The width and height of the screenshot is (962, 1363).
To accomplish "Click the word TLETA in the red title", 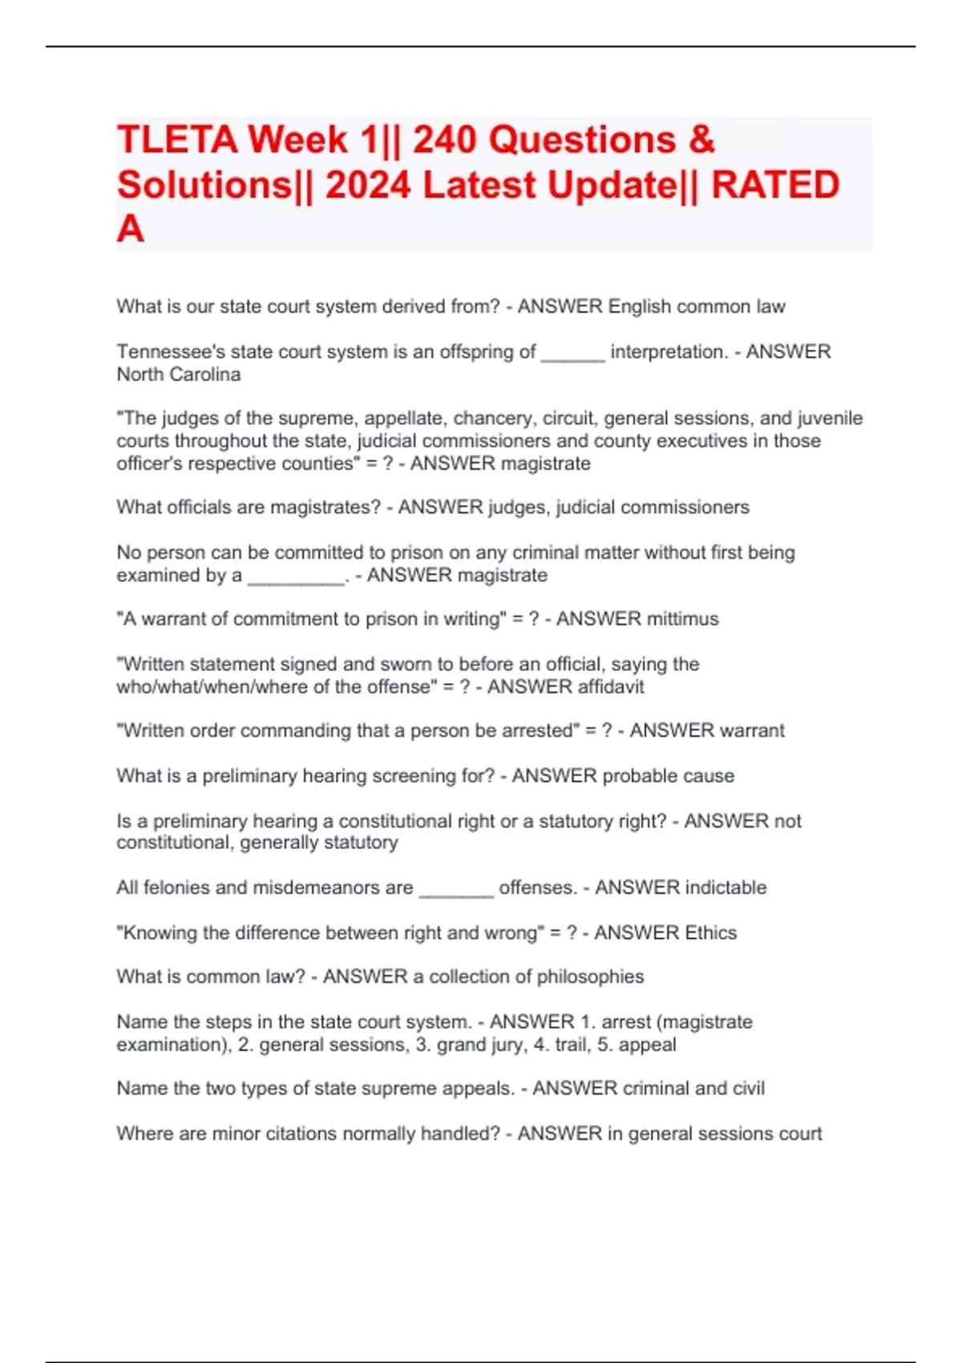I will tap(177, 140).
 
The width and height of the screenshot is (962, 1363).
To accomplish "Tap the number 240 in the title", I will tap(445, 140).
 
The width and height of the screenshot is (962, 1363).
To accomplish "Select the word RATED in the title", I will tap(775, 184).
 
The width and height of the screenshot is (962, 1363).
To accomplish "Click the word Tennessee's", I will tap(171, 351).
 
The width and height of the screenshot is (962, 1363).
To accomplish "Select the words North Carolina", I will tap(179, 374).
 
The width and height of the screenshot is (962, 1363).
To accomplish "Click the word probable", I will tap(639, 776).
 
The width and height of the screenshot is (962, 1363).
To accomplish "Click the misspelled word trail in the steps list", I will tap(571, 1045).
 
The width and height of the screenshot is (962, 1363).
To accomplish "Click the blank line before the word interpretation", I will tap(572, 358).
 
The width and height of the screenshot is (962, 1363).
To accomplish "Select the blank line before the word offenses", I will tap(456, 894).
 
